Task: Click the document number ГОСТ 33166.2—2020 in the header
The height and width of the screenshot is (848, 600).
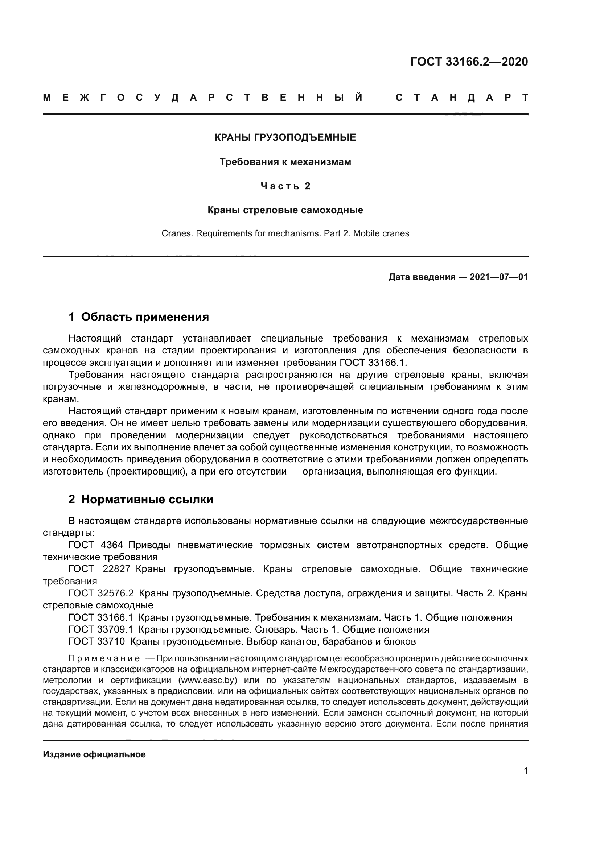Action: click(x=469, y=62)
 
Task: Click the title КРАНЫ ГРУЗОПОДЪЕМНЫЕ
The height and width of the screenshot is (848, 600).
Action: click(x=285, y=138)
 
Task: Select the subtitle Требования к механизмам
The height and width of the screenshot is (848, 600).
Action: click(x=285, y=162)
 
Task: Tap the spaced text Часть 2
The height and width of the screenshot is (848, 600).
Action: click(x=285, y=186)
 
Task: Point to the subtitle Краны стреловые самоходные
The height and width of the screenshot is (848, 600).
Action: click(x=285, y=210)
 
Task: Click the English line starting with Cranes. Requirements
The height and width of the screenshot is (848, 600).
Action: click(x=285, y=233)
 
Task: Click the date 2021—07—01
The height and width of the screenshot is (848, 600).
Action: click(x=498, y=277)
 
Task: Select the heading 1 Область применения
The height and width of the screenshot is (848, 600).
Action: click(x=139, y=317)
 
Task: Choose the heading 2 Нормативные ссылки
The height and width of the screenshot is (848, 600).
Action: click(x=141, y=499)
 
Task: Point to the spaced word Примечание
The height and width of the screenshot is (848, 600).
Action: click(x=104, y=658)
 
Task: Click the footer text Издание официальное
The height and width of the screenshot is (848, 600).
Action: click(x=94, y=754)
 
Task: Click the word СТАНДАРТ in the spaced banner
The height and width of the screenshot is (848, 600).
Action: click(x=462, y=98)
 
